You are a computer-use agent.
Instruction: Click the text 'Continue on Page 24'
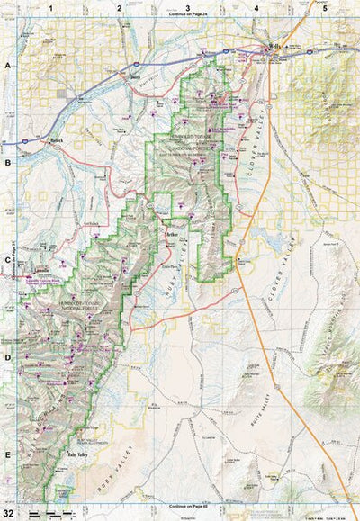pyautogui.click(x=187, y=15)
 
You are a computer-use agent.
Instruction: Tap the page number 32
pyautogui.click(x=8, y=512)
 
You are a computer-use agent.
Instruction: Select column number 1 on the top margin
pyautogui.click(x=51, y=7)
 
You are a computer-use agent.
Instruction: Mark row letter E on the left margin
pyautogui.click(x=7, y=454)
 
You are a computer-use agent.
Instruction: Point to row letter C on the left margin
pyautogui.click(x=7, y=261)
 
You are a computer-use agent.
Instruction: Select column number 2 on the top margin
pyautogui.click(x=120, y=7)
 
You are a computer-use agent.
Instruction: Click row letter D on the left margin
pyautogui.click(x=7, y=358)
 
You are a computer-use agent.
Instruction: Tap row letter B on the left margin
pyautogui.click(x=7, y=164)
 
